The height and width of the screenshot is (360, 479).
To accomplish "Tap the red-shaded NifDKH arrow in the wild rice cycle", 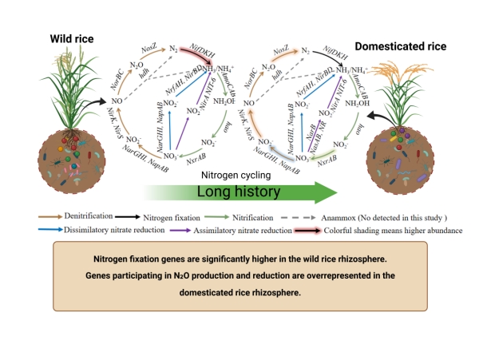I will (195, 57).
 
